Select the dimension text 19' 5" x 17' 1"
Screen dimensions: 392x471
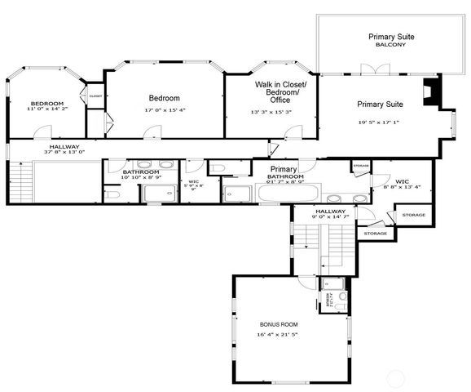(381, 122)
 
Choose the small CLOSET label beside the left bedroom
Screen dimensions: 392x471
(95, 95)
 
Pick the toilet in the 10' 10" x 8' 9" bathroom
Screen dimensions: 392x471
(113, 195)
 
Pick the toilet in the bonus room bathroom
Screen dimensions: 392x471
(341, 296)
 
